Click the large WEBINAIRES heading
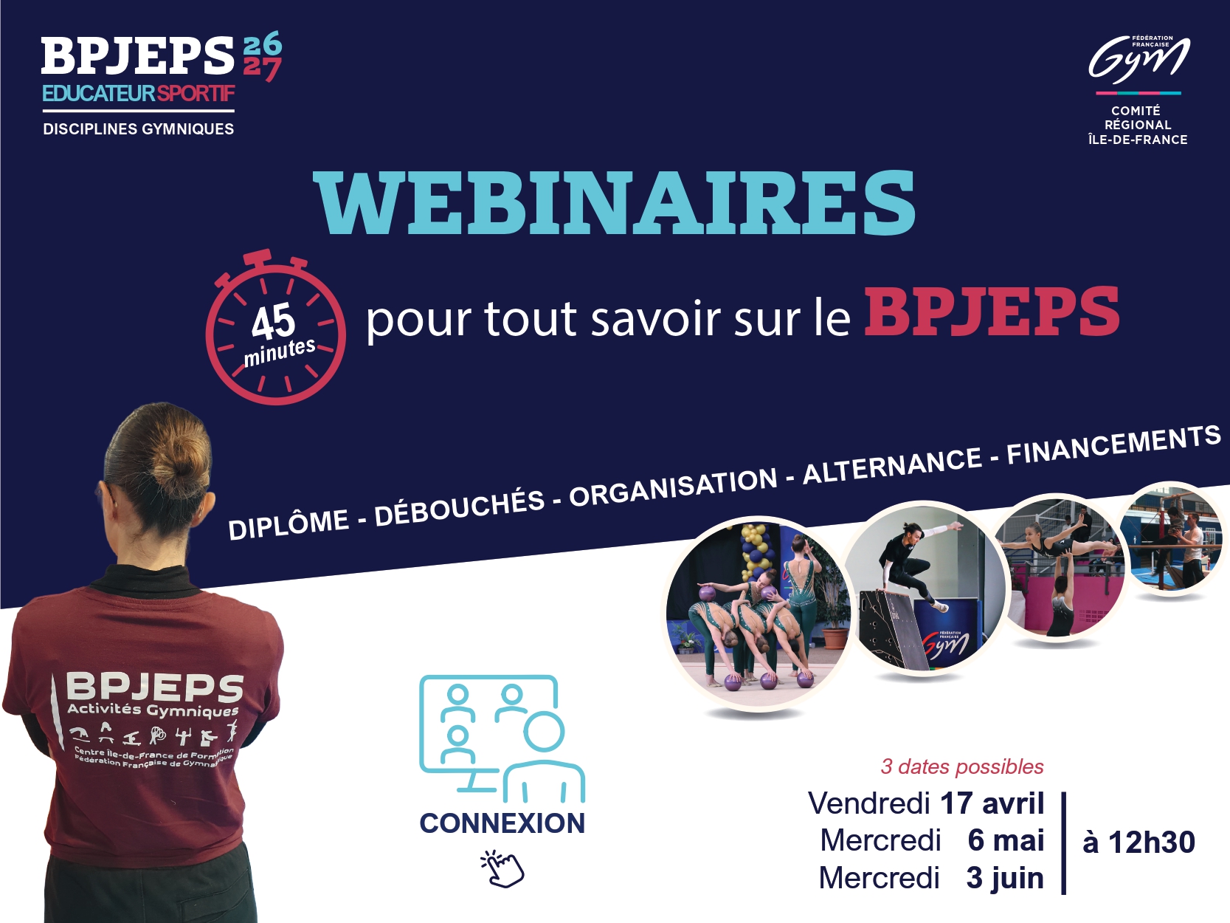pyautogui.click(x=614, y=203)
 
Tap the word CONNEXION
pyautogui.click(x=502, y=823)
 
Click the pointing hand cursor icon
pyautogui.click(x=502, y=868)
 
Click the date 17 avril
pyautogui.click(x=992, y=803)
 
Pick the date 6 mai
pyautogui.click(x=1006, y=840)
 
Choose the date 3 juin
pyautogui.click(x=1004, y=878)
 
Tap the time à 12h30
pyautogui.click(x=1139, y=842)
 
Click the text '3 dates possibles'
pyautogui.click(x=962, y=766)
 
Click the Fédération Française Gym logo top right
pyautogui.click(x=1139, y=59)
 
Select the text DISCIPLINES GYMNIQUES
pyautogui.click(x=139, y=129)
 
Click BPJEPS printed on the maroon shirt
pyautogui.click(x=154, y=687)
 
